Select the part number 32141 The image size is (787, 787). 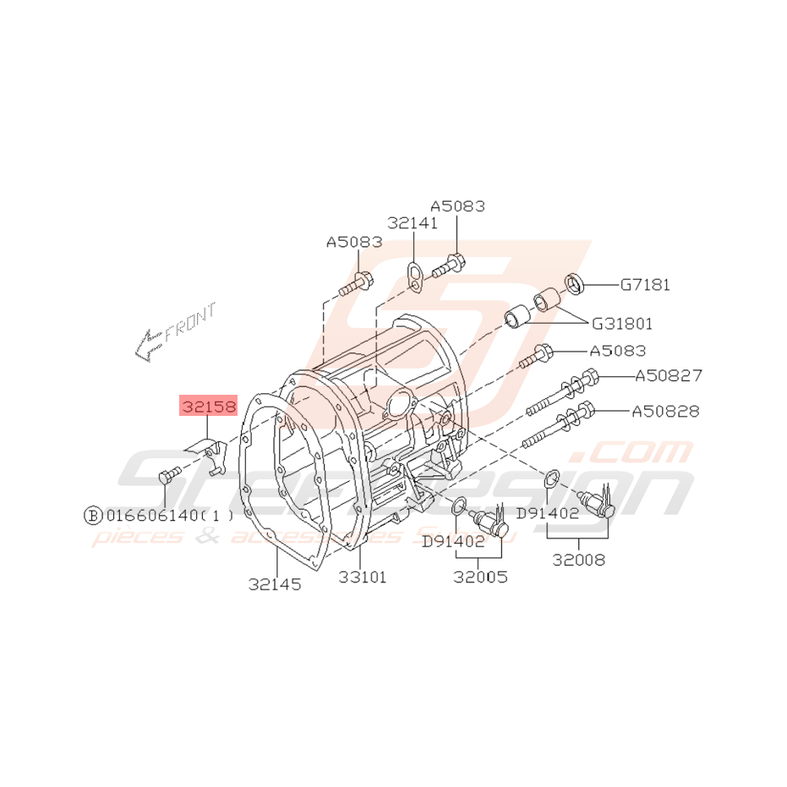click(x=413, y=223)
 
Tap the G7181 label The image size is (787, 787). click(x=645, y=285)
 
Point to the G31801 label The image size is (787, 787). click(x=621, y=323)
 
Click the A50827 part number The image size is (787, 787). click(x=668, y=375)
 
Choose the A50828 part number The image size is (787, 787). click(x=666, y=412)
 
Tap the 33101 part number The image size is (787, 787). click(x=363, y=577)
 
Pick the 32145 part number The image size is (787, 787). click(x=275, y=583)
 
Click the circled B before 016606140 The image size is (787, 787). click(x=92, y=515)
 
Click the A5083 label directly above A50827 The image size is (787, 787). click(x=617, y=351)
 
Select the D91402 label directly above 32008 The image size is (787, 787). click(x=547, y=512)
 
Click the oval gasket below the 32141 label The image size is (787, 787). click(x=414, y=276)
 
